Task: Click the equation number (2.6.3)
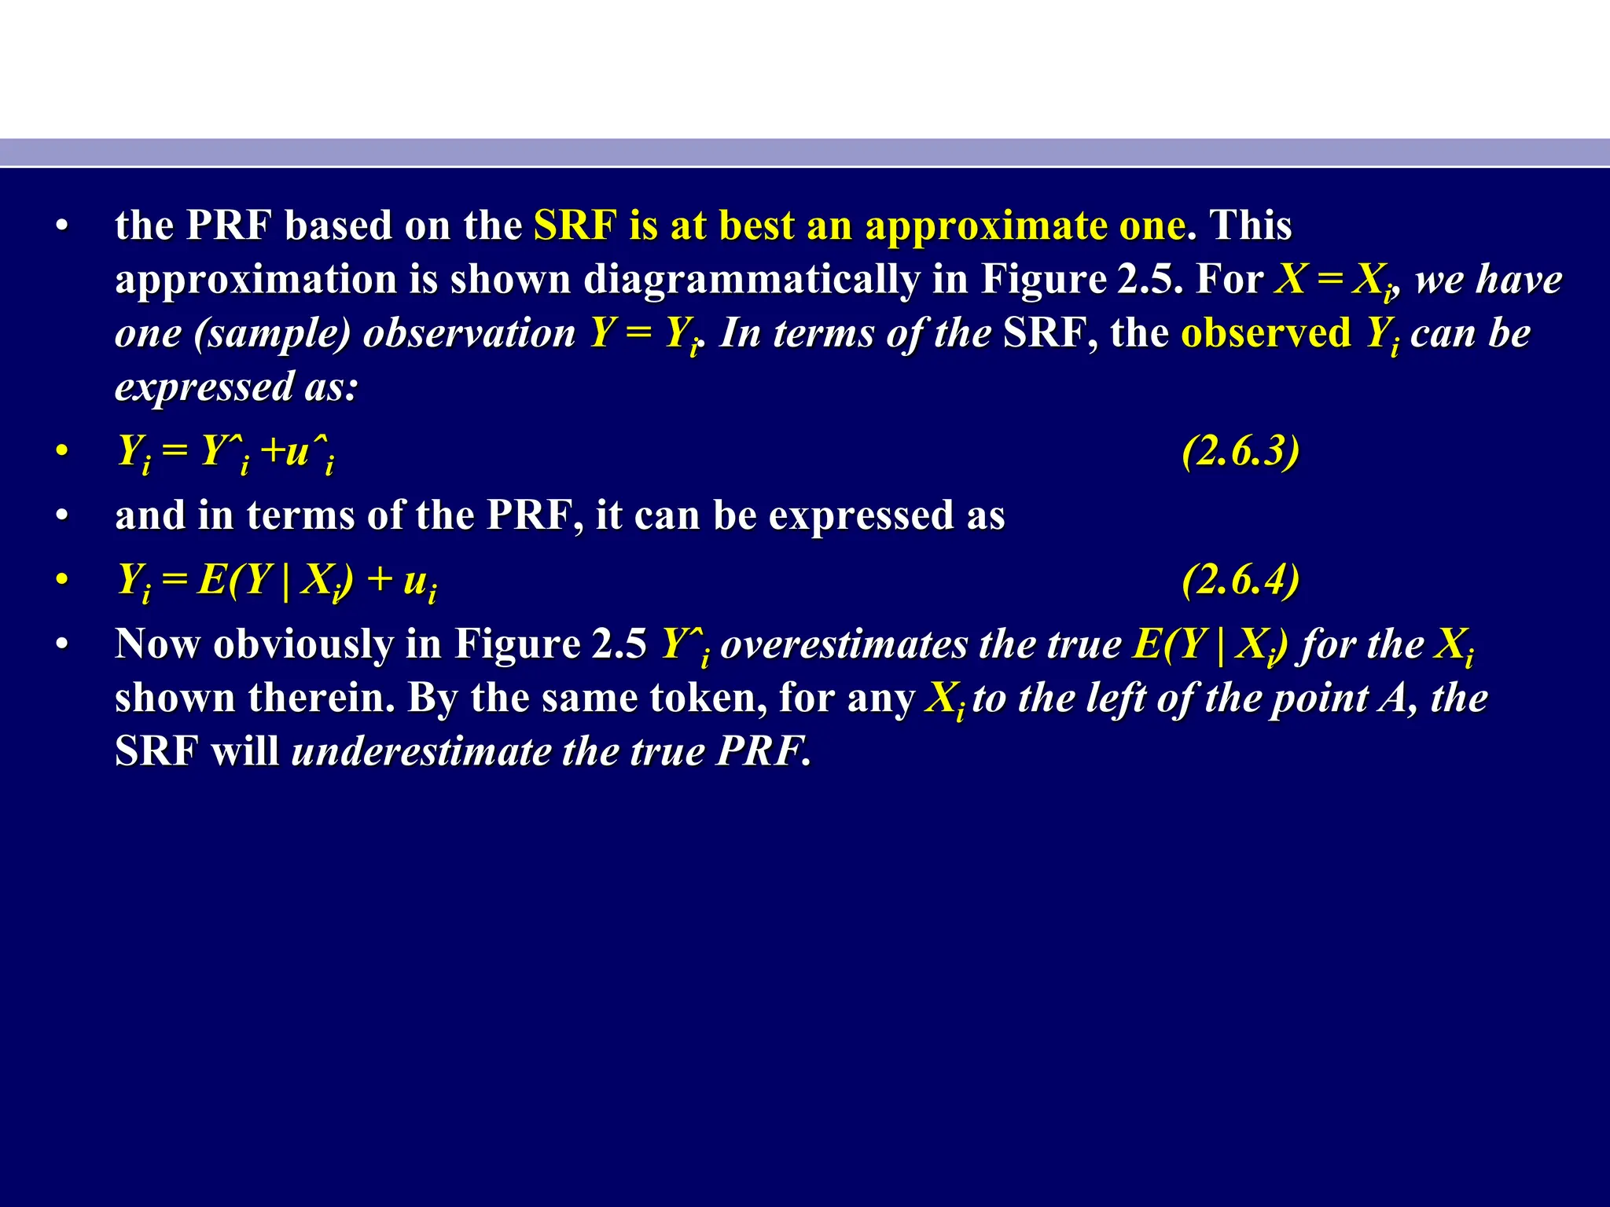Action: point(1240,451)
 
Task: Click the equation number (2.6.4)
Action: point(1240,580)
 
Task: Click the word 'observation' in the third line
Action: point(469,333)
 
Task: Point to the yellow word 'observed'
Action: point(1266,333)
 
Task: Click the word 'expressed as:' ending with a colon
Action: point(237,387)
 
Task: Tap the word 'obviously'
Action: point(303,644)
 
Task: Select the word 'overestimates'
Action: point(844,644)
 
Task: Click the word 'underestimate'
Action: point(421,751)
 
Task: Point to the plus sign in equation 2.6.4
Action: point(380,580)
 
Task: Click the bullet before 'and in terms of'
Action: point(62,516)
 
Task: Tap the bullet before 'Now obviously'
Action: point(62,645)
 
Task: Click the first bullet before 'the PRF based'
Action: point(62,227)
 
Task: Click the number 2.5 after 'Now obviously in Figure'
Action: point(619,644)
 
